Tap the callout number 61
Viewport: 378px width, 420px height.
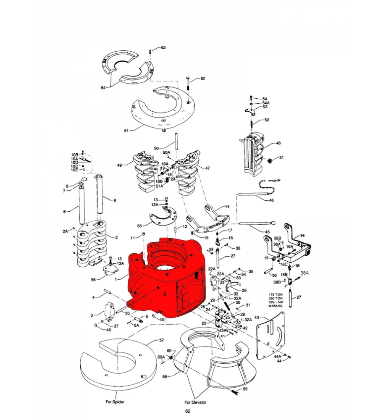point(126,131)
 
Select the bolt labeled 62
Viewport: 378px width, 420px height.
point(188,84)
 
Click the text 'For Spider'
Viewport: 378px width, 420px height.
point(115,402)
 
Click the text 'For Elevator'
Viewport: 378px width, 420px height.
point(195,402)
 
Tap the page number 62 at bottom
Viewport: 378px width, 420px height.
point(188,411)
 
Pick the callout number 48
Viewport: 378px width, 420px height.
point(278,143)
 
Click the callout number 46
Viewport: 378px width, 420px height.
point(271,200)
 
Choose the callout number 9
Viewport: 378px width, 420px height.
point(115,199)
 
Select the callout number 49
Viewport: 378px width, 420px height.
point(119,165)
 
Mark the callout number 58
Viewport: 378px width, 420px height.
point(165,377)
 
